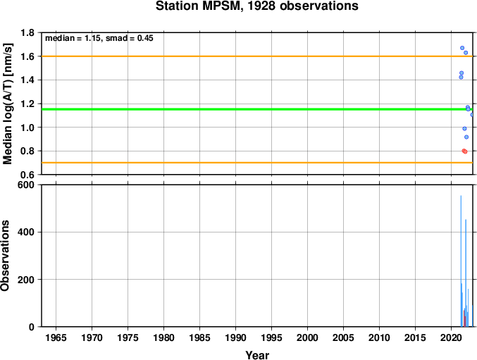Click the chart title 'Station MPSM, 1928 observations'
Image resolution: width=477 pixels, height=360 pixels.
(x=257, y=6)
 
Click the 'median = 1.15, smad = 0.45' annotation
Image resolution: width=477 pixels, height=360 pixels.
(x=99, y=38)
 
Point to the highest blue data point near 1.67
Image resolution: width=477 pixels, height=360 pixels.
(x=462, y=48)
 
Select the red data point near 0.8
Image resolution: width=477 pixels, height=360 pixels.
(x=464, y=151)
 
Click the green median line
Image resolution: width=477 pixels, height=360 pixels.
(x=257, y=109)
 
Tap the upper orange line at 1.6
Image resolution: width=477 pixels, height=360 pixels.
(x=257, y=56)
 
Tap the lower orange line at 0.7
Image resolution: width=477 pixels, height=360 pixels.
(x=257, y=163)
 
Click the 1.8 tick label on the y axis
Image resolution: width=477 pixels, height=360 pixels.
(x=27, y=32)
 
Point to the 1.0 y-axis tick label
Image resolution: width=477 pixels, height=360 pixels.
(x=27, y=128)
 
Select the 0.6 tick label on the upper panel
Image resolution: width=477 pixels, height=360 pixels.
(x=27, y=175)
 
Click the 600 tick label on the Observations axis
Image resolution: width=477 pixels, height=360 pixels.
(x=26, y=185)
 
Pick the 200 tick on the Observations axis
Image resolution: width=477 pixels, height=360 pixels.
(x=26, y=280)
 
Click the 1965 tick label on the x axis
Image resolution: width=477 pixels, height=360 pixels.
(x=56, y=337)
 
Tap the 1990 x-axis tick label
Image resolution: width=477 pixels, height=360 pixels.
(x=235, y=337)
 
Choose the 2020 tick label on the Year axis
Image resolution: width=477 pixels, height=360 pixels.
(x=451, y=337)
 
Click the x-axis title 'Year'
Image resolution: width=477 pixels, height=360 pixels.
(x=257, y=355)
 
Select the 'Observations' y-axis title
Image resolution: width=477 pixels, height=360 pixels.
(x=5, y=256)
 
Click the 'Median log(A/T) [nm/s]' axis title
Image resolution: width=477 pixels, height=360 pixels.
(x=7, y=104)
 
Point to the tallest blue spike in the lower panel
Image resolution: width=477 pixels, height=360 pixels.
(x=461, y=261)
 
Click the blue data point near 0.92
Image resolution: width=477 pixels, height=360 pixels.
(x=466, y=137)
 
